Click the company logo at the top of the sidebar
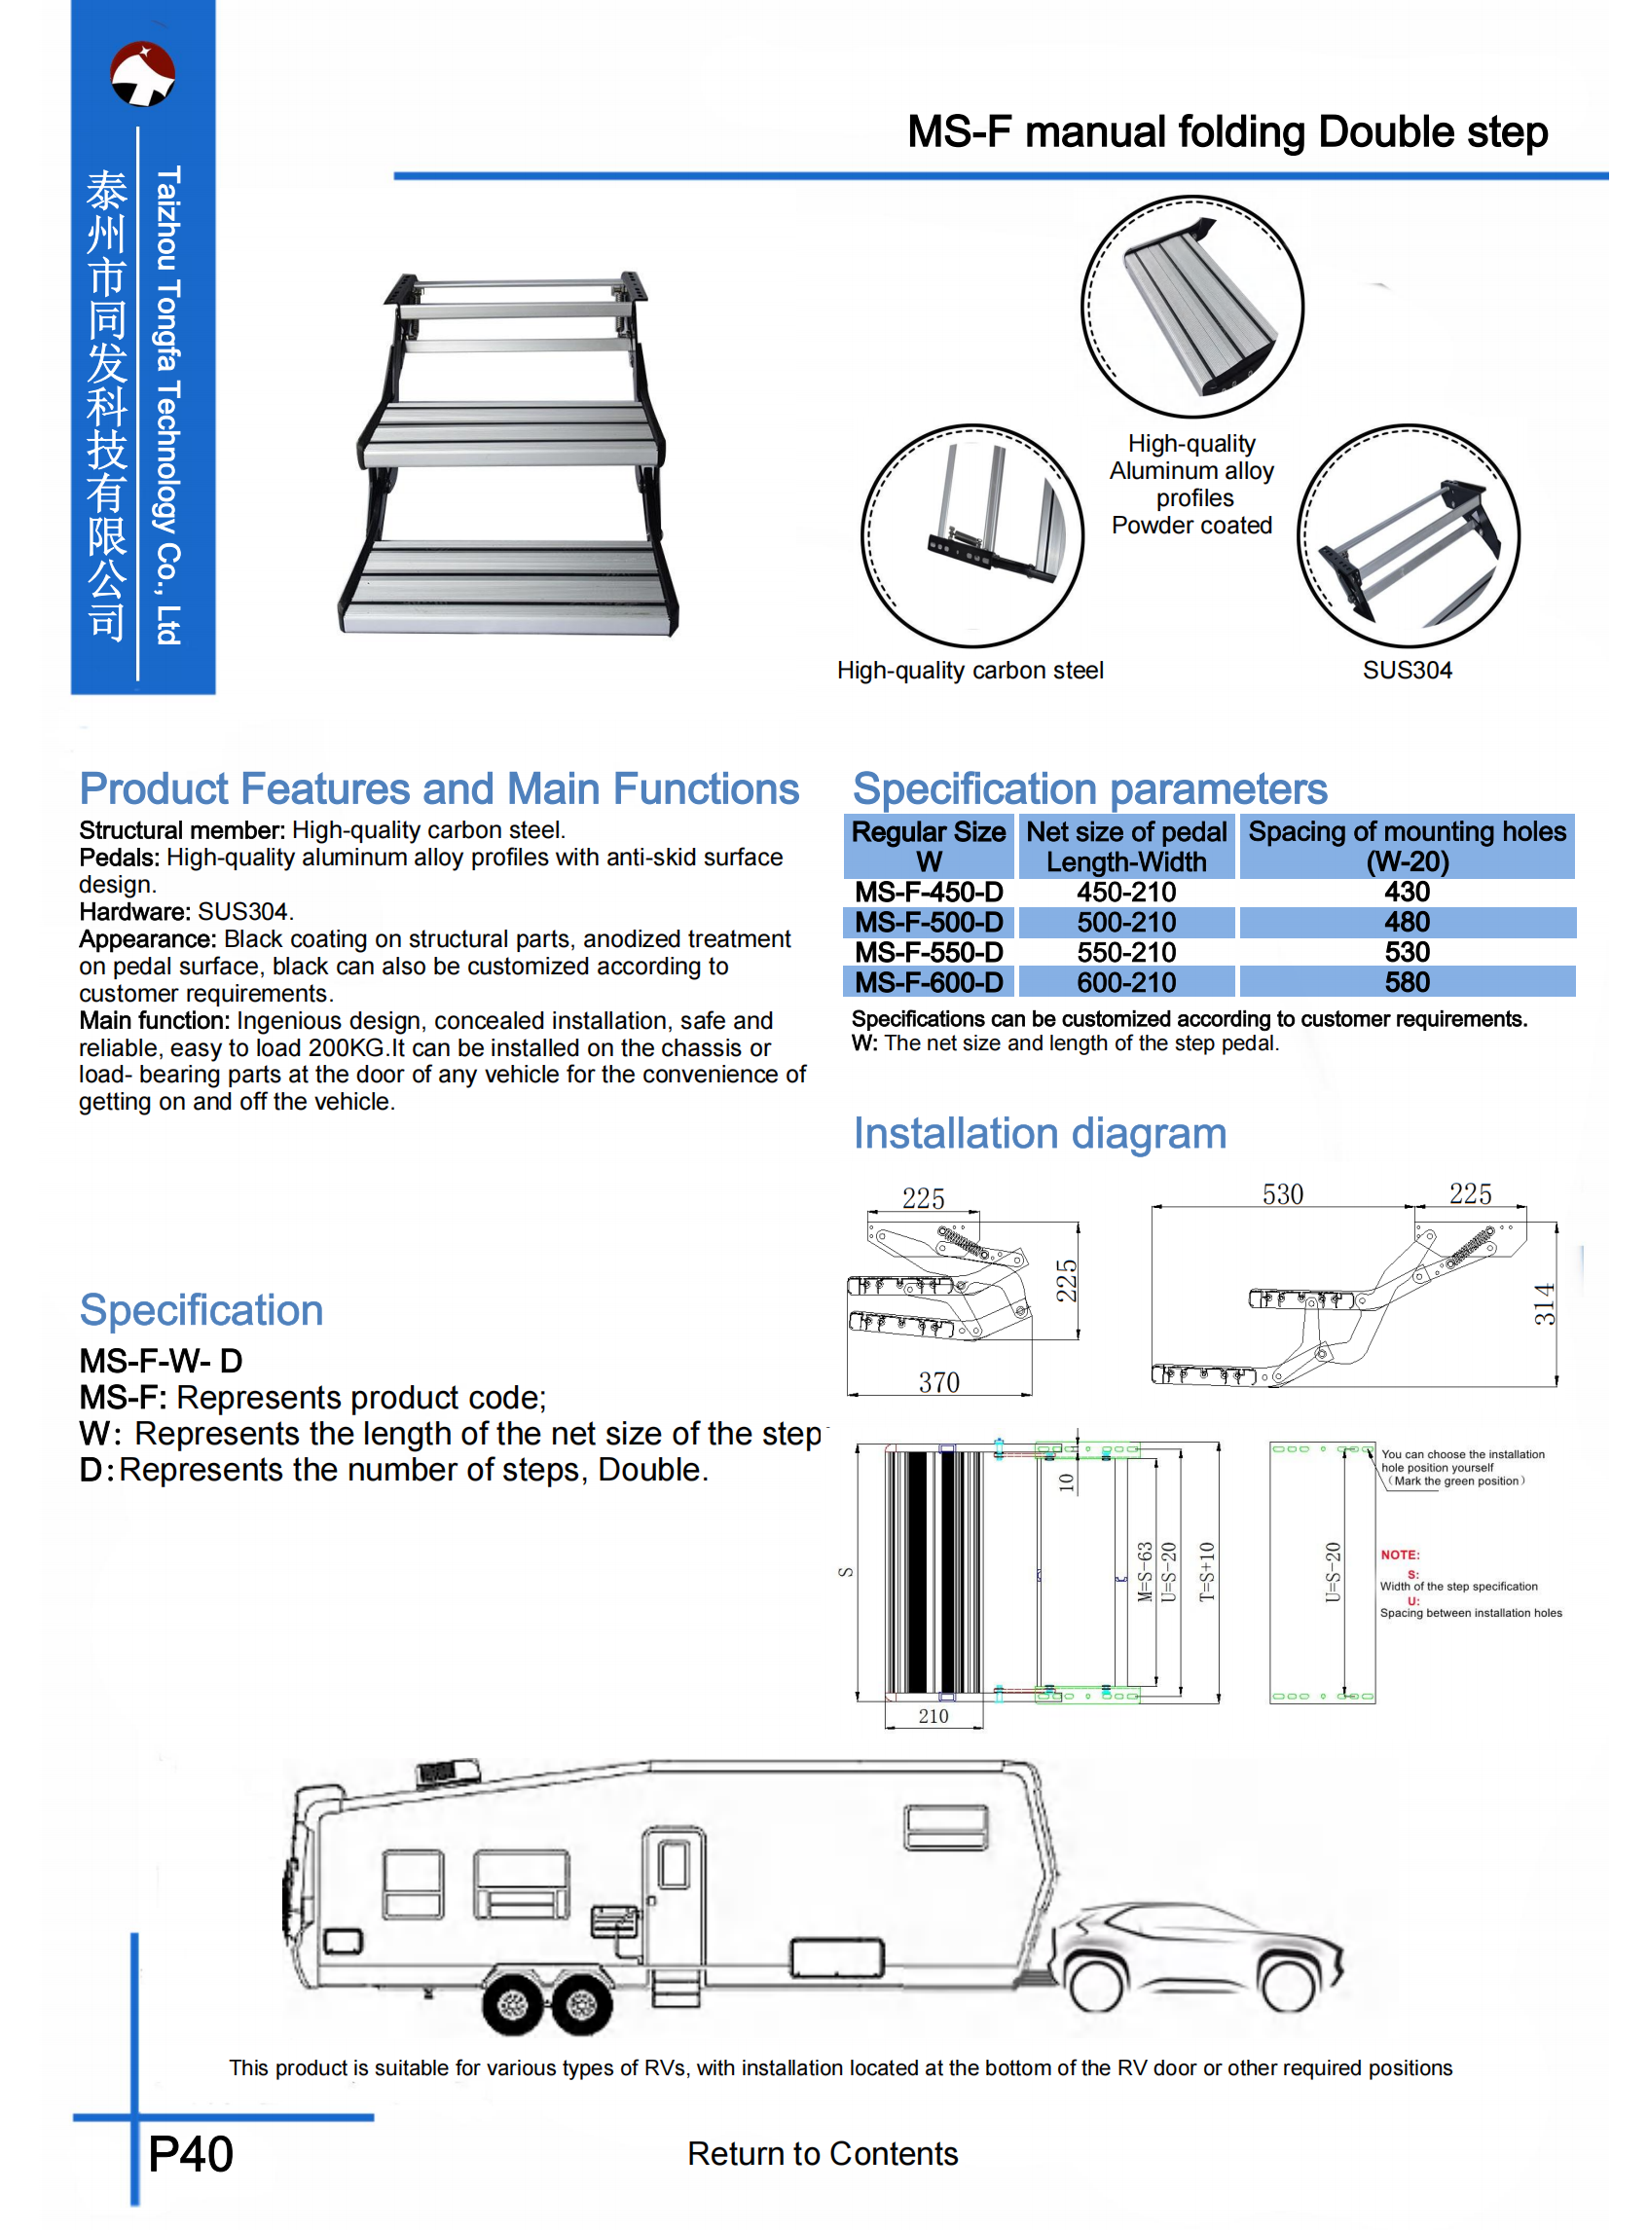[143, 74]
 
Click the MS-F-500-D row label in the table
[929, 923]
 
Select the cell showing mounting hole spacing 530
[1407, 952]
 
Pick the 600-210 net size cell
[1126, 982]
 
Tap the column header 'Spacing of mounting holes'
[1407, 832]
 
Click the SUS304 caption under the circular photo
[1407, 671]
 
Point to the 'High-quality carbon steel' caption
[970, 671]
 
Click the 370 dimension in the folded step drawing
[938, 1382]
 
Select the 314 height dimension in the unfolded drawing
[1543, 1303]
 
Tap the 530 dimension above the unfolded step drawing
[1283, 1193]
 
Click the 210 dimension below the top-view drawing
[934, 1716]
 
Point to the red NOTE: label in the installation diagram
[1400, 1554]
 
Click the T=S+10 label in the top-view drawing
[1207, 1572]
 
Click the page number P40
[191, 2154]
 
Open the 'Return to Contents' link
[822, 2154]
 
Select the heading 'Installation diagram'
[1040, 1134]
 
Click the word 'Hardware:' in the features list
[134, 911]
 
